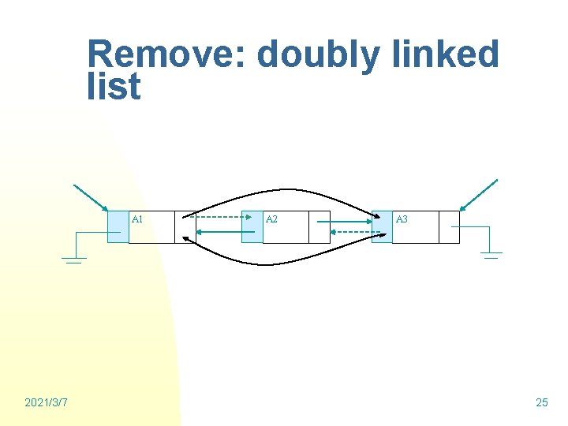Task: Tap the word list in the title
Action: click(x=114, y=86)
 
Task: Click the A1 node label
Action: click(x=137, y=219)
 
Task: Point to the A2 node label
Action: click(x=271, y=219)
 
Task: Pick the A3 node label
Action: click(x=402, y=219)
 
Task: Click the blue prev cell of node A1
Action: click(x=118, y=226)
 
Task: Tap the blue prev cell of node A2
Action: click(x=252, y=226)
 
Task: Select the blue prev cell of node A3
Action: click(x=381, y=226)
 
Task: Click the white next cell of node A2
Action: click(x=319, y=226)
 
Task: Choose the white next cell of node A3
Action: click(x=448, y=226)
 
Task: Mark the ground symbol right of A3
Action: click(x=491, y=255)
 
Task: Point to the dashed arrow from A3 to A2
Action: click(x=350, y=232)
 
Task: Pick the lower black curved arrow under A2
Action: click(x=284, y=262)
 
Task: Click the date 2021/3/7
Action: click(x=46, y=403)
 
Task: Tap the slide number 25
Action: click(x=541, y=403)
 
